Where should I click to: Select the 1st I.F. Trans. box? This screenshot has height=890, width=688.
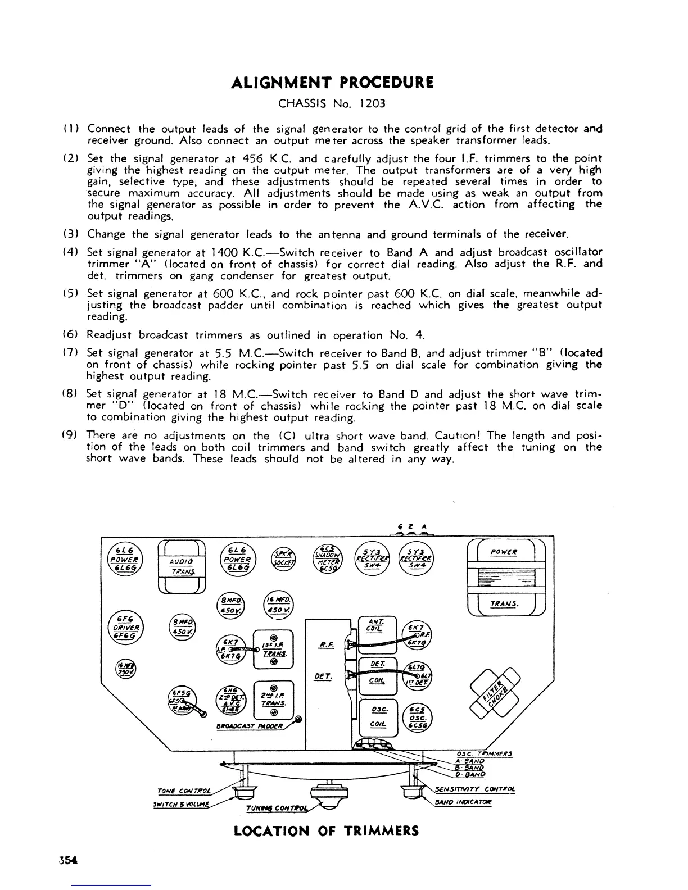click(274, 648)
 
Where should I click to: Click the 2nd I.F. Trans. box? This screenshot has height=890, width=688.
click(274, 698)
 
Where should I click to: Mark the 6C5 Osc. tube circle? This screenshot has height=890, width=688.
click(417, 718)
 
